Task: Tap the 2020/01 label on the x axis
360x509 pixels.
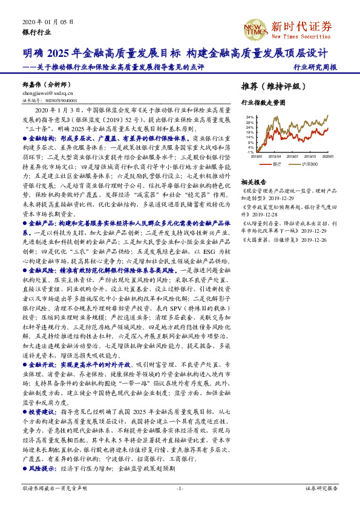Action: point(329,156)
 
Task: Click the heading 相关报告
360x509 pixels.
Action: point(254,182)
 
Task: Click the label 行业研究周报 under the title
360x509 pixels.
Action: point(315,68)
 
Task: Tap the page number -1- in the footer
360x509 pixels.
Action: point(180,487)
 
